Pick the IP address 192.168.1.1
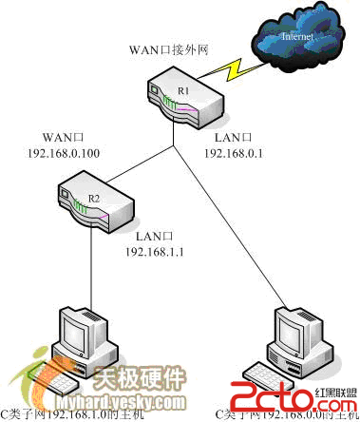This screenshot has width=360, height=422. tap(154, 254)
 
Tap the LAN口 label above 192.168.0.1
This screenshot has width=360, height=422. tap(230, 136)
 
